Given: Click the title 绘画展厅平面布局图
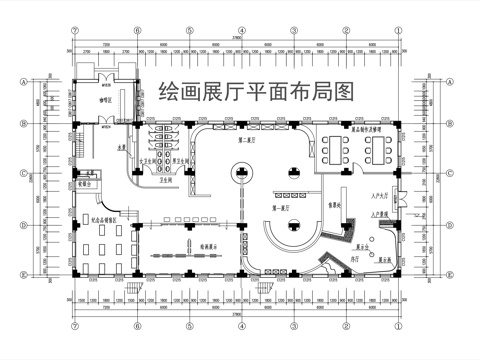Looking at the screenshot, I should click(x=257, y=92).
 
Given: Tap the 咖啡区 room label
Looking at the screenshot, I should click(x=103, y=100).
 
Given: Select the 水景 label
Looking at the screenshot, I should click(x=122, y=148).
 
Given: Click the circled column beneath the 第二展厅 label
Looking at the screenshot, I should click(x=242, y=172).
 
